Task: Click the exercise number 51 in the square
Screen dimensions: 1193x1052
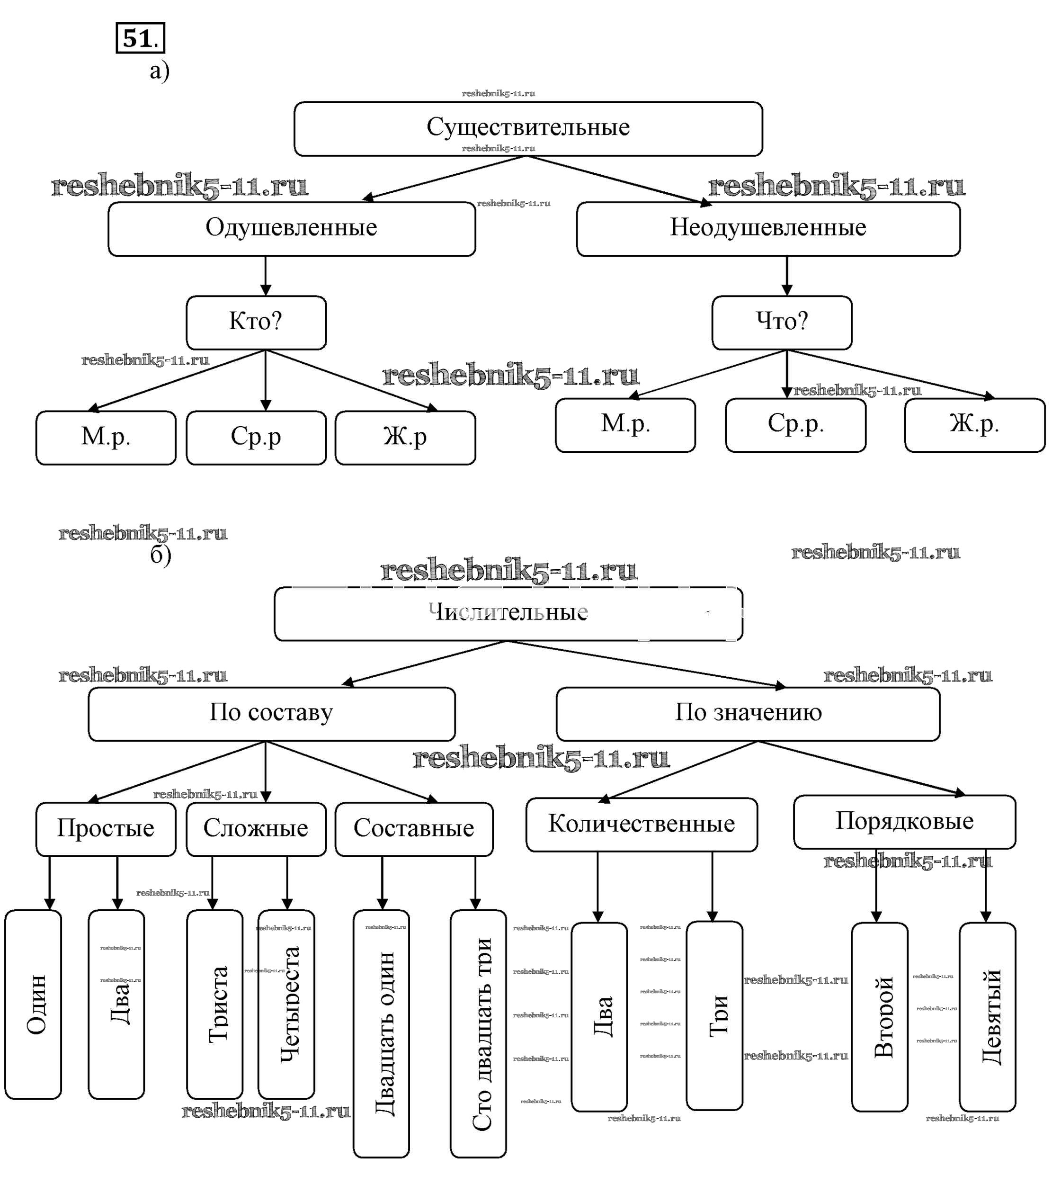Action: [x=140, y=38]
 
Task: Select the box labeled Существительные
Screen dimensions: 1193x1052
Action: [x=527, y=128]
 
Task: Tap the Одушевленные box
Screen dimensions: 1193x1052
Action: [x=291, y=228]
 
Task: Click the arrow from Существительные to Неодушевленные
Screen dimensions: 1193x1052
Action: [x=618, y=180]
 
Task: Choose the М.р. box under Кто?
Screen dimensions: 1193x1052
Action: [x=106, y=437]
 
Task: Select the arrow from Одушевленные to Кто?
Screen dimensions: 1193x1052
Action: [x=266, y=276]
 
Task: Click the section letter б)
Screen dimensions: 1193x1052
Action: [x=160, y=554]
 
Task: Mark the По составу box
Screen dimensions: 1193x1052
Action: [x=271, y=713]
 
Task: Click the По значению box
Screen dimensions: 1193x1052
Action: [x=748, y=713]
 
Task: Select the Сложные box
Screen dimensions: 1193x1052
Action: [x=256, y=828]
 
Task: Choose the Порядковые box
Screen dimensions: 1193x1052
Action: [x=904, y=821]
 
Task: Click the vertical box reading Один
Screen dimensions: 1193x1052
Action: [x=33, y=1004]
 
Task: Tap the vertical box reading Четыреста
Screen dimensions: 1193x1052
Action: [x=286, y=1004]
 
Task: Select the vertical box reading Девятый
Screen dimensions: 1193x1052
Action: [x=987, y=1016]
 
